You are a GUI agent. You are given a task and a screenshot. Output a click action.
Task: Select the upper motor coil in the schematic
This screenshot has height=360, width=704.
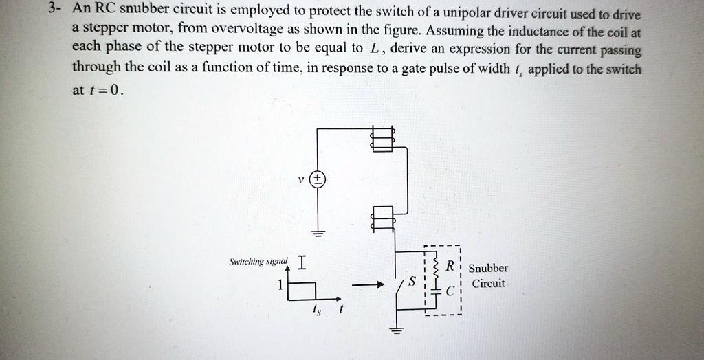pyautogui.click(x=382, y=139)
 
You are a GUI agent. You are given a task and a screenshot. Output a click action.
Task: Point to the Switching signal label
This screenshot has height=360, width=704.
pyautogui.click(x=258, y=262)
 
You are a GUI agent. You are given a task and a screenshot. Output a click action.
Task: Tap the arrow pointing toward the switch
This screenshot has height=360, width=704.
pyautogui.click(x=368, y=285)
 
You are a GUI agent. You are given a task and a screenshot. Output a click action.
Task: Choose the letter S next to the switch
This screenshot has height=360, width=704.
pyautogui.click(x=412, y=281)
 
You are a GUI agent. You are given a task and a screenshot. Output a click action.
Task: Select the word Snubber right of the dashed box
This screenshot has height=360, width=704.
pyautogui.click(x=489, y=268)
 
